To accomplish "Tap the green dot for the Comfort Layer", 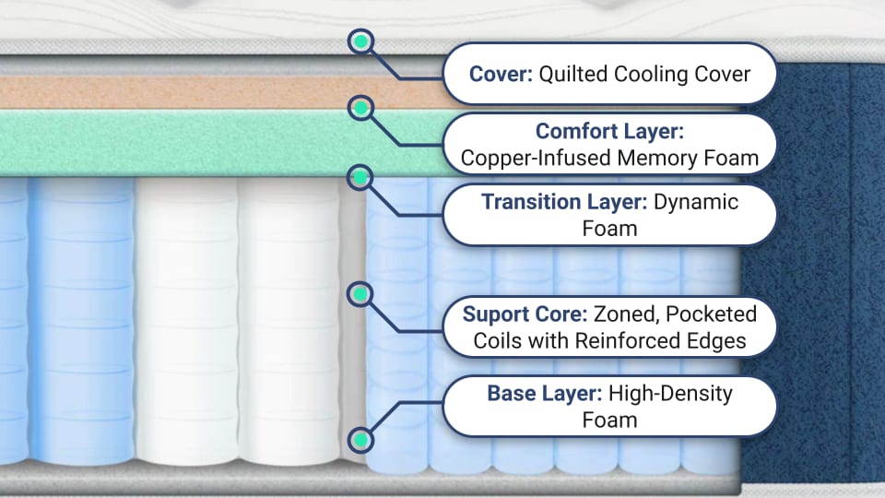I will tap(361, 109).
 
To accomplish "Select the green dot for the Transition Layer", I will tap(361, 176).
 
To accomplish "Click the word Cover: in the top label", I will tap(501, 74).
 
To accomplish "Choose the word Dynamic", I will tap(696, 201).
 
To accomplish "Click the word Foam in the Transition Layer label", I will tap(609, 228).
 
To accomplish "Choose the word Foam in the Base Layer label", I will tap(609, 421).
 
